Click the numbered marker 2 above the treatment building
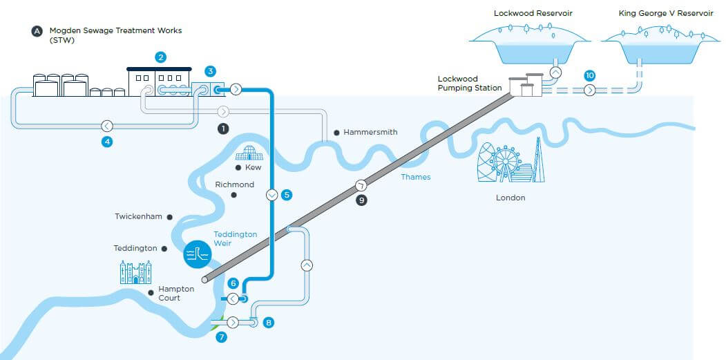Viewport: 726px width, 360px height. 161,57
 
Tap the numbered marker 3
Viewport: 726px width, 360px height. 211,71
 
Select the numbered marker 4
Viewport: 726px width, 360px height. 107,142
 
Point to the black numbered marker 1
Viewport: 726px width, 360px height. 222,129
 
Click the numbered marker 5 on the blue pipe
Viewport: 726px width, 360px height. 287,195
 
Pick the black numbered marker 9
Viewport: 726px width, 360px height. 362,200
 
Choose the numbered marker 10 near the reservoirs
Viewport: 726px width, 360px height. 589,75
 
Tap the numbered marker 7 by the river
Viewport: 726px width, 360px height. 221,337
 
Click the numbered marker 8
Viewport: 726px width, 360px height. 269,322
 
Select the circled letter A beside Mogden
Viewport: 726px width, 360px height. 36,31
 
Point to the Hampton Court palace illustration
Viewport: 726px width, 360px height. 135,272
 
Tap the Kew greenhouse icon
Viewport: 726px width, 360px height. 249,153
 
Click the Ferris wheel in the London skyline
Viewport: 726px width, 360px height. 506,162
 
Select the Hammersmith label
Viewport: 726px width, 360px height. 370,132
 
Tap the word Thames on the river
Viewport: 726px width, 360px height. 416,177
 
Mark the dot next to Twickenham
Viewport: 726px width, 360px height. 169,216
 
